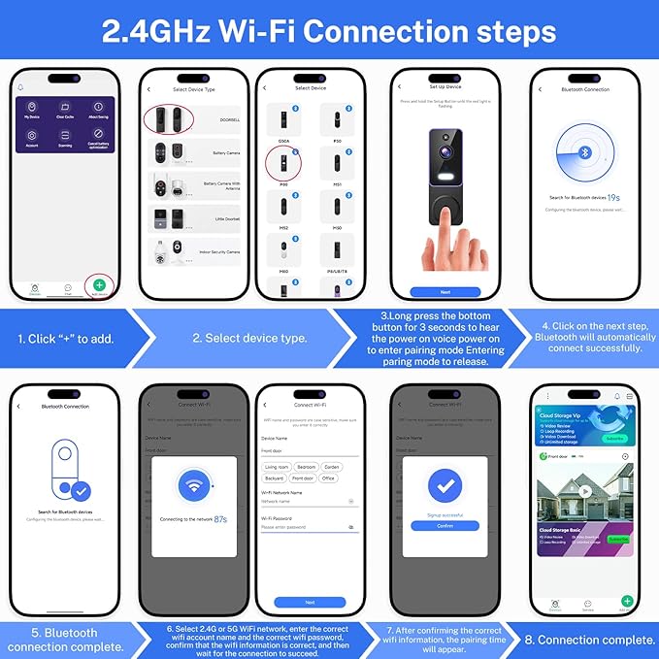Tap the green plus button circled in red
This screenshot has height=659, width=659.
pos(100,284)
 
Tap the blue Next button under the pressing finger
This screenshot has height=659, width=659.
pos(445,291)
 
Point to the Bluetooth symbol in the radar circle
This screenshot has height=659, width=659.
pos(585,153)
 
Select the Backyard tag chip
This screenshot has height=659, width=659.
pos(274,478)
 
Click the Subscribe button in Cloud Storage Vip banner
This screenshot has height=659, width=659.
pos(615,437)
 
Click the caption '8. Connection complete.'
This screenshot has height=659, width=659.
pos(590,640)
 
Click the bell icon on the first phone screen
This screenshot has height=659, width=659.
pos(21,87)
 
